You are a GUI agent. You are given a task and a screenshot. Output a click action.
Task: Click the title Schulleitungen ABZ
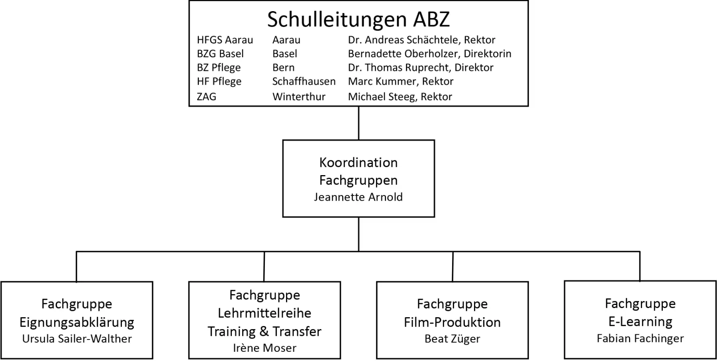(358, 19)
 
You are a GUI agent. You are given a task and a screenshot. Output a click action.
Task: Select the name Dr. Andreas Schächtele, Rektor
(421, 40)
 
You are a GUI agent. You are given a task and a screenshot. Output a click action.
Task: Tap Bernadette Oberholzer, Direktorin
(429, 54)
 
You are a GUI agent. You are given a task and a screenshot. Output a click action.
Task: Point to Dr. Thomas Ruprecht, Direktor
(421, 68)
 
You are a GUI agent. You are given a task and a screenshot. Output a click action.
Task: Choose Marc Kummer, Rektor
(401, 82)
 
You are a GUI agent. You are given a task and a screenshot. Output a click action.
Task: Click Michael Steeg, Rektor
(400, 97)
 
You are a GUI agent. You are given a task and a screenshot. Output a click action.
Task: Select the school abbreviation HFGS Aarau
(225, 40)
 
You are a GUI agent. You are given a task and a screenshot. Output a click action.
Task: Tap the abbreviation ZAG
(206, 97)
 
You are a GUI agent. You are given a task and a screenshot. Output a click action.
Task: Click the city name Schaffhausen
(304, 82)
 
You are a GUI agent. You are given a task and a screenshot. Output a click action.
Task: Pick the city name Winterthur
(299, 97)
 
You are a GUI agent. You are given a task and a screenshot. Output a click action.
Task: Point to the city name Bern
(283, 68)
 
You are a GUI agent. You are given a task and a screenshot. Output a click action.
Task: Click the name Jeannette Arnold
(358, 197)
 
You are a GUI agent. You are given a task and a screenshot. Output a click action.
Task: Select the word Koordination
(358, 162)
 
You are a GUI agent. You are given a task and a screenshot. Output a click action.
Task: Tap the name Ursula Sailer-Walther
(77, 339)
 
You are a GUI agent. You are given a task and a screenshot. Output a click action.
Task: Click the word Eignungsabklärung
(77, 322)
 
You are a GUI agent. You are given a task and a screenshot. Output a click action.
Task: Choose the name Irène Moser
(264, 348)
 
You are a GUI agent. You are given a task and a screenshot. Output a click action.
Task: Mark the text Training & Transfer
(264, 331)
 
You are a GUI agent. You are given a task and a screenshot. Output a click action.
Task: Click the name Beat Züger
(452, 339)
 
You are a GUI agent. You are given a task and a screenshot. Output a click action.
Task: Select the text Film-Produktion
(452, 322)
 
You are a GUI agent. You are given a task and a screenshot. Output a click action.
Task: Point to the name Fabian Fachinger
(640, 338)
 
